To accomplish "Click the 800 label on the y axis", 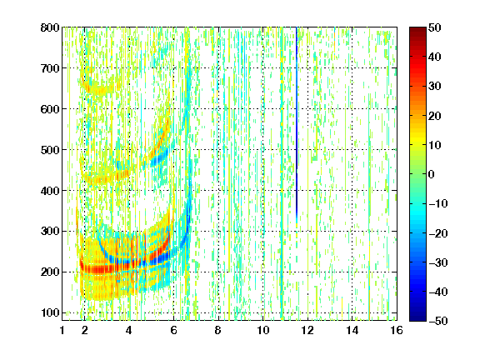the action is [50, 28].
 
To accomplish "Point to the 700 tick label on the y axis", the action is [50, 68].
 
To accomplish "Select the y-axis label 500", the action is [50, 150].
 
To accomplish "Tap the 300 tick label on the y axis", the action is [50, 232].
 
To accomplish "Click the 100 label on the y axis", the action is [50, 313].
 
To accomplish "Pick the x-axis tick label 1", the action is [62, 330].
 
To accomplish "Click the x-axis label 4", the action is [129, 330].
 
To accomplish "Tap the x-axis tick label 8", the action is [218, 330].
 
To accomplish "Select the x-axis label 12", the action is [307, 330].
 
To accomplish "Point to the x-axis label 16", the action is [397, 330].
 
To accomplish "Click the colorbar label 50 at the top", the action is [435, 27].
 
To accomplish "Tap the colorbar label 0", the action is [432, 174].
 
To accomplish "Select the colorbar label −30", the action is [438, 262].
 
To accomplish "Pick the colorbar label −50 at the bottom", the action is [438, 321].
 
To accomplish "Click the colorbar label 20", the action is [435, 116].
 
